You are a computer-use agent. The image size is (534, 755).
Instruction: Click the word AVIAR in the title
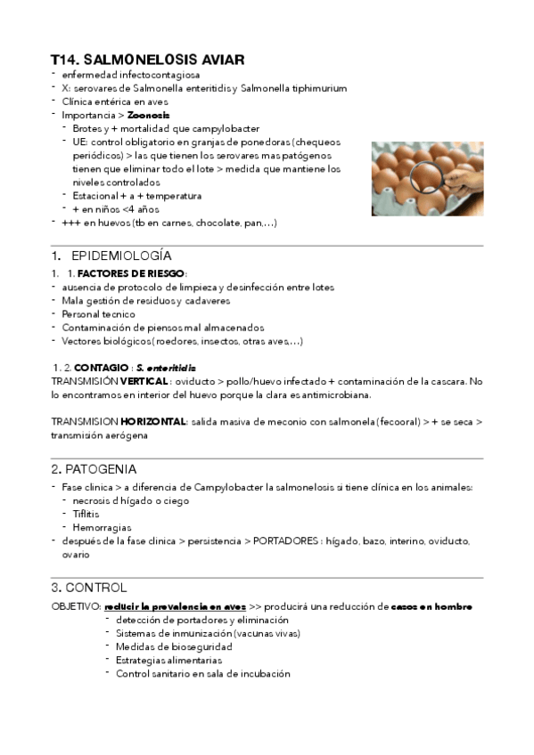(x=211, y=60)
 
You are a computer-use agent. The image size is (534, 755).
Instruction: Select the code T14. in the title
(x=65, y=60)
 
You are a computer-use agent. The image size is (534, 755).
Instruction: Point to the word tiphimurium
(x=317, y=88)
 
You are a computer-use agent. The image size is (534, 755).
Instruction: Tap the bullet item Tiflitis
(x=86, y=514)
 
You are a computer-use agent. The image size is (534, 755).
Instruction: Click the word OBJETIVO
(x=76, y=606)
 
